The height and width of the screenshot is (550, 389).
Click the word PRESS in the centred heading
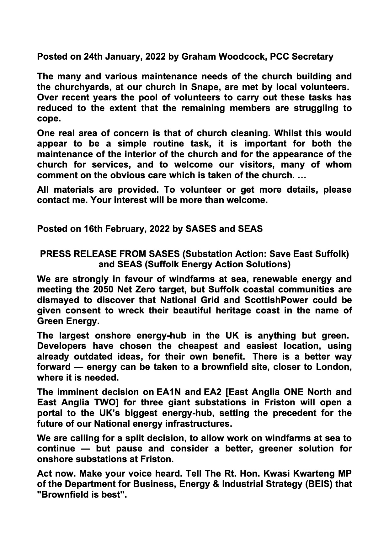[x=55, y=254]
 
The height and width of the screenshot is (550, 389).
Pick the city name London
[x=333, y=367]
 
